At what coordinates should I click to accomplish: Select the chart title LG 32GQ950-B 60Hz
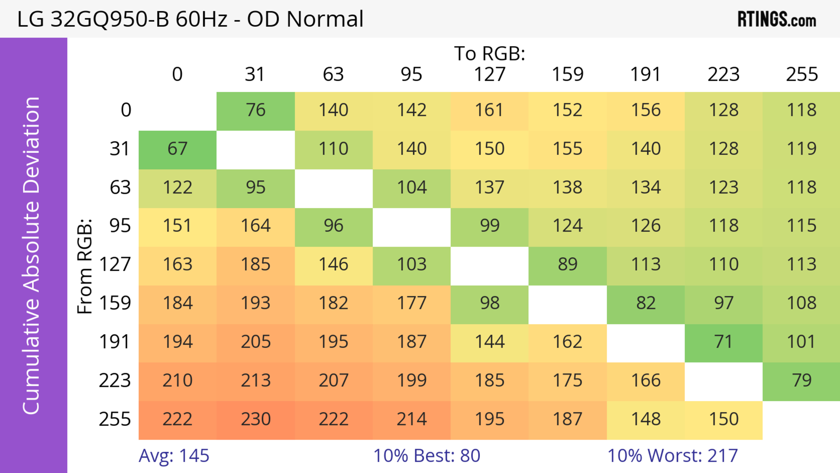point(190,19)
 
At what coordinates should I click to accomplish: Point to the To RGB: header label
point(490,53)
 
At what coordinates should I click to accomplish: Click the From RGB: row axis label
point(85,266)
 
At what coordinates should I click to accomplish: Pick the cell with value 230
point(256,419)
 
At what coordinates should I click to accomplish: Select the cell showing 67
point(177,149)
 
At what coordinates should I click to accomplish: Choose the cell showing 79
point(801,381)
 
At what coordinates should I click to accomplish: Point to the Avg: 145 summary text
point(174,456)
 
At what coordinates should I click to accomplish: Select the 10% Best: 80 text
point(427,456)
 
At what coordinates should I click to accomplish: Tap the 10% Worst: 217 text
point(672,456)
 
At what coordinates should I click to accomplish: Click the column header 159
point(567,74)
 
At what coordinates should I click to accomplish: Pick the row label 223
point(115,381)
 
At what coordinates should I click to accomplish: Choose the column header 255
point(801,74)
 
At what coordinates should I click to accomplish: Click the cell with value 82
point(646,303)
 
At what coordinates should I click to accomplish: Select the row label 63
point(120,188)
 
